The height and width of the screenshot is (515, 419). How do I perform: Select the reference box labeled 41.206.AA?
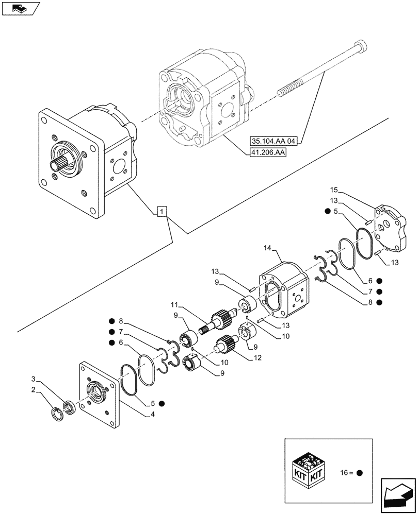[x=267, y=152]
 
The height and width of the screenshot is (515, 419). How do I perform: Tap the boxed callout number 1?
[x=162, y=211]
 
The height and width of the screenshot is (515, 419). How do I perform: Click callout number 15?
[x=334, y=191]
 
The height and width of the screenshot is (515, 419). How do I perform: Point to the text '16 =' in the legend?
[x=346, y=472]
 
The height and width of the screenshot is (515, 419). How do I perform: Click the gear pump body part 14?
[x=282, y=291]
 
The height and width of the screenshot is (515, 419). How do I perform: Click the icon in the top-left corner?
[x=20, y=8]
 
